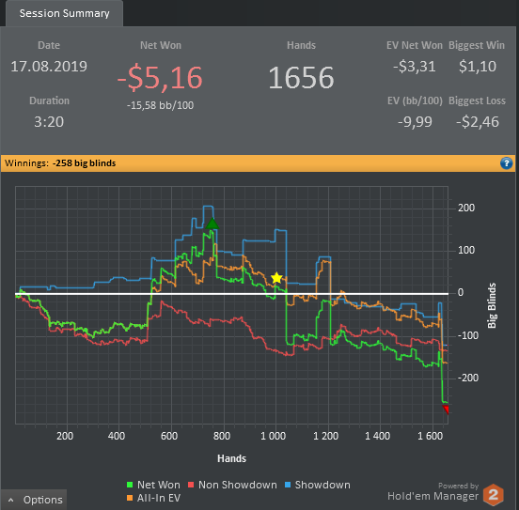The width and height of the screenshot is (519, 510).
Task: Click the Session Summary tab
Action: (64, 13)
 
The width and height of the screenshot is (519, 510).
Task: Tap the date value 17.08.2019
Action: (49, 66)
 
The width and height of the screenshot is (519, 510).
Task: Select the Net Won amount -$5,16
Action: (160, 78)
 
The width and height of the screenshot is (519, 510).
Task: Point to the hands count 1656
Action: (301, 77)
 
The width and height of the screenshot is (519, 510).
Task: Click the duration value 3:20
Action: (49, 122)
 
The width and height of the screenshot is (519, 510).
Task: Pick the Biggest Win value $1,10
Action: (478, 66)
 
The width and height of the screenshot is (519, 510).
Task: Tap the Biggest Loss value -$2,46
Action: (478, 122)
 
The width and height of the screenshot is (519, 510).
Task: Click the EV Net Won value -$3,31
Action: (414, 66)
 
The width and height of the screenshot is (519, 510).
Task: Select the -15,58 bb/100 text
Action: (160, 105)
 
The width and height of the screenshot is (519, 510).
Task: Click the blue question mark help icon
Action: (506, 163)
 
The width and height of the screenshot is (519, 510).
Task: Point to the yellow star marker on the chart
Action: (276, 278)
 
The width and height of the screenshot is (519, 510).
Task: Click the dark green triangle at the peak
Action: (212, 224)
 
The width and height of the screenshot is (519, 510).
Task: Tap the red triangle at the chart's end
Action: (446, 410)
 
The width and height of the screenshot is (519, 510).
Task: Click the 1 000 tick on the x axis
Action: (273, 436)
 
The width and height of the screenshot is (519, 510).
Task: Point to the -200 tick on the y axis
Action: (468, 378)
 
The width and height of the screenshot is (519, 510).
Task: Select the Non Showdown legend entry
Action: (232, 485)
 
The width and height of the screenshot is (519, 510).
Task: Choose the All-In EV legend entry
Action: (154, 498)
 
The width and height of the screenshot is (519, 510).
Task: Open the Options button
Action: (34, 500)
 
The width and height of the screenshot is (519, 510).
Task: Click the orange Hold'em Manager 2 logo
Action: (494, 495)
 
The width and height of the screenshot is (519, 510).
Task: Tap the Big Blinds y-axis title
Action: (492, 305)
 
